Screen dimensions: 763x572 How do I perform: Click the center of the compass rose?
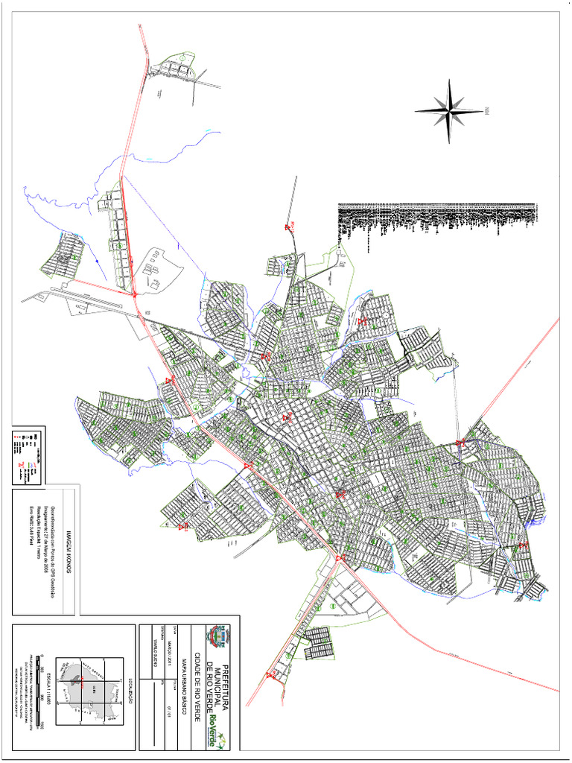pos(450,112)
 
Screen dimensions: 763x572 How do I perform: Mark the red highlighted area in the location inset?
pos(74,679)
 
